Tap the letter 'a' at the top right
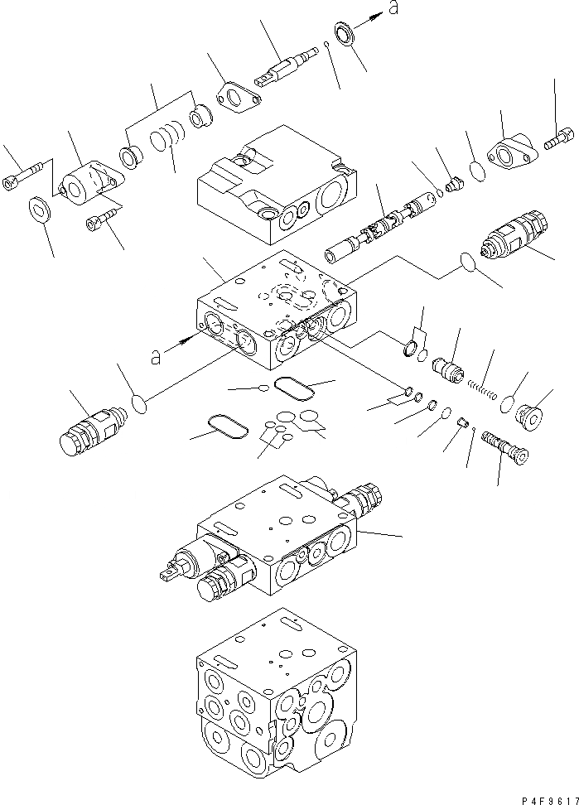click(x=393, y=9)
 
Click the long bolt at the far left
click(x=25, y=174)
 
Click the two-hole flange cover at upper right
click(x=509, y=154)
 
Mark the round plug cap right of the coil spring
click(x=526, y=413)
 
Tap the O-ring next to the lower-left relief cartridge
click(x=140, y=405)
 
